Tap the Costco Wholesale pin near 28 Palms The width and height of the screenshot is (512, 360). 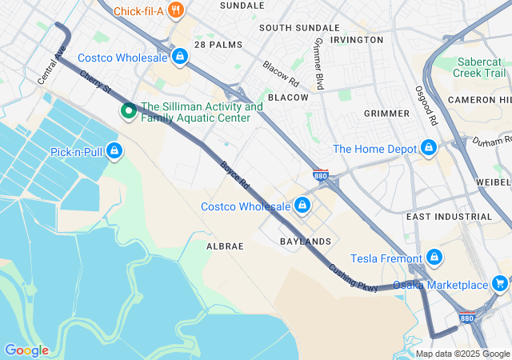point(180,57)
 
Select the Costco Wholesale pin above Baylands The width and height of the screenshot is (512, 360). point(302,206)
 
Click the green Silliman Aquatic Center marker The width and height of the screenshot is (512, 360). point(128,112)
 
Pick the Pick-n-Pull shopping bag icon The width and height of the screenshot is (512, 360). point(114,150)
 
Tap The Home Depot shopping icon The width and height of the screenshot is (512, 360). point(430,149)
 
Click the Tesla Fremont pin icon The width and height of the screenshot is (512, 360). point(434,257)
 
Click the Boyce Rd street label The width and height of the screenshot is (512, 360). point(235,175)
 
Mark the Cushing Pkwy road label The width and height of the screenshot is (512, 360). point(353,272)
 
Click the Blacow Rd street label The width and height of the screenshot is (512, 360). point(280,74)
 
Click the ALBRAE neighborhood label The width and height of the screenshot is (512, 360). point(225,246)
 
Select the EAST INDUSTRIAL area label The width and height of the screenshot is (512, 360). point(449,217)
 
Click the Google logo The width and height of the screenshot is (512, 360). point(27,350)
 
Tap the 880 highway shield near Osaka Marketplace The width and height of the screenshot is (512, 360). point(467,318)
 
